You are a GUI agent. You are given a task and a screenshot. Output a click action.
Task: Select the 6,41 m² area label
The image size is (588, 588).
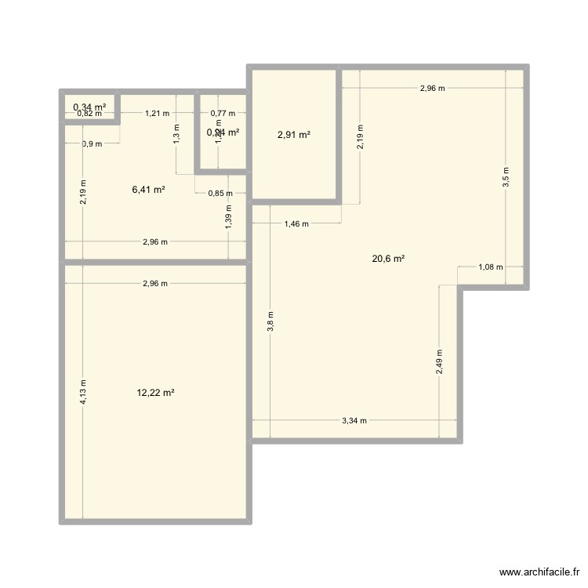[x=148, y=189]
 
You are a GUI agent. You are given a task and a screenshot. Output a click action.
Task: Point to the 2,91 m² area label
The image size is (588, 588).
[x=293, y=135]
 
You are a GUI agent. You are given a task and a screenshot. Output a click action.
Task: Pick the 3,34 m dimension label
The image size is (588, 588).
[x=354, y=421]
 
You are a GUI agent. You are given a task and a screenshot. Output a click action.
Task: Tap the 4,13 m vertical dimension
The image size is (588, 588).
[x=84, y=392]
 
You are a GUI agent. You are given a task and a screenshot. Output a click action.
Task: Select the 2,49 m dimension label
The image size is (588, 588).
[x=439, y=363]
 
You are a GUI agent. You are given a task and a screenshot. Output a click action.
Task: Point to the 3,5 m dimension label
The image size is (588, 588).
[x=506, y=176]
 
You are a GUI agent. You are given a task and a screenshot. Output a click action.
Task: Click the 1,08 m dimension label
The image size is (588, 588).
[x=490, y=267]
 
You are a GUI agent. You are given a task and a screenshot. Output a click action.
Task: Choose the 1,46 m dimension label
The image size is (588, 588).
[x=296, y=224]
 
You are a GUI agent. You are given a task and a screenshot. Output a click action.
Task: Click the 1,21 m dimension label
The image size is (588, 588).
[x=157, y=114]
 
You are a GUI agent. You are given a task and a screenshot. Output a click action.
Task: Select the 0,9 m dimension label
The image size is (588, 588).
[x=92, y=143]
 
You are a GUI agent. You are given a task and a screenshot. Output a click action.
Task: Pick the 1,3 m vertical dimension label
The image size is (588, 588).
[x=176, y=135]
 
